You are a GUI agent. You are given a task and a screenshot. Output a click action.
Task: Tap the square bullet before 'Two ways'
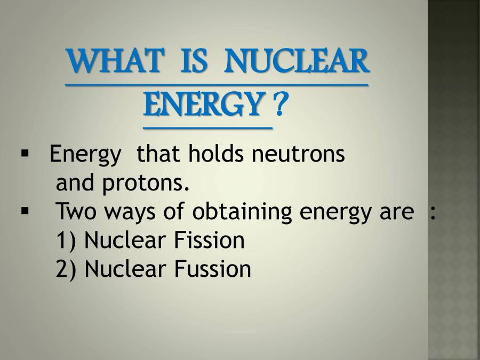coord(25,211)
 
